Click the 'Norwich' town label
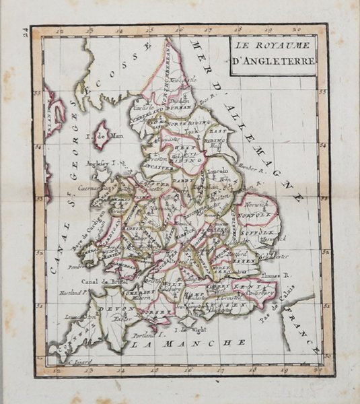256,201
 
